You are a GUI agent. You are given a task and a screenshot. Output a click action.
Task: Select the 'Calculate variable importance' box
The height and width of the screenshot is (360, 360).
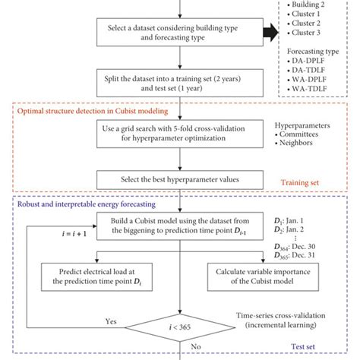pos(252,274)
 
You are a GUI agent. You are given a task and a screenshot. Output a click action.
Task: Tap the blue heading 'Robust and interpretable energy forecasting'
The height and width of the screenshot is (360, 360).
pos(84,203)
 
